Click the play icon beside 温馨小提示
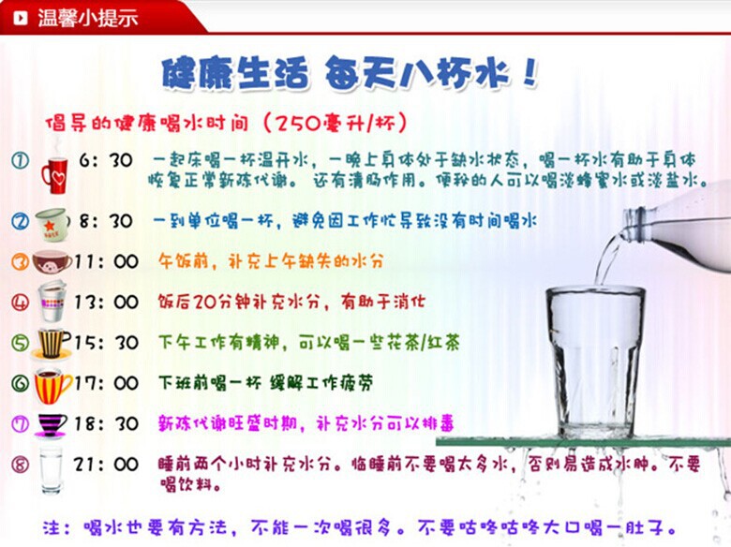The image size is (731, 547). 20,17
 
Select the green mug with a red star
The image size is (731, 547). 52,223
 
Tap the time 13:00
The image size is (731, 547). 106,303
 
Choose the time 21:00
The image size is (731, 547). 106,464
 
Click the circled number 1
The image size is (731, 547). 21,161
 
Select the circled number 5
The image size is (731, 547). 21,343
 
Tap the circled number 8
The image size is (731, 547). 21,464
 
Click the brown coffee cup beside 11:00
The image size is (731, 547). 52,261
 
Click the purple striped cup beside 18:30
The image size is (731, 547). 51,424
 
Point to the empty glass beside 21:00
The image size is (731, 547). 51,468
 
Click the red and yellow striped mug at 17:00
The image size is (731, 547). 52,384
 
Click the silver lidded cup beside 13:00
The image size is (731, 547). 52,301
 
